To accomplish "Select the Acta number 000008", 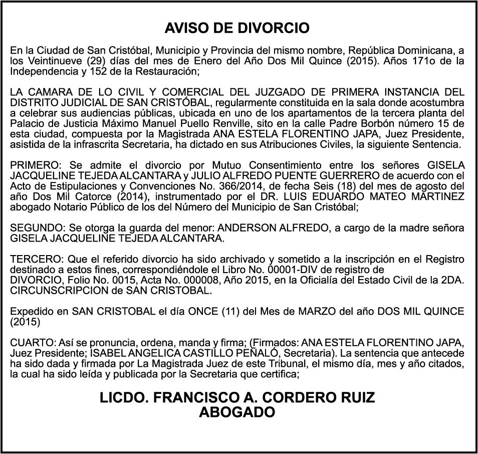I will point(186,280).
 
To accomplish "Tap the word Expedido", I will point(31,311).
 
